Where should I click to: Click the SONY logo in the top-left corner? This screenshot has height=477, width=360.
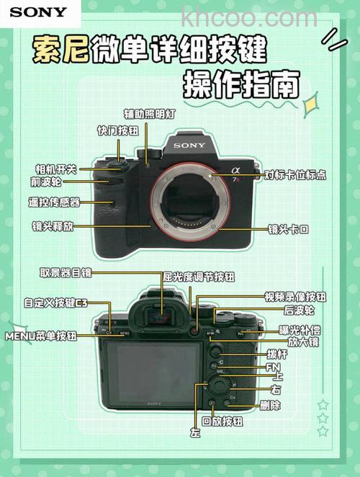point(38,12)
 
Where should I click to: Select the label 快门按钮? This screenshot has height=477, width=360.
point(118,130)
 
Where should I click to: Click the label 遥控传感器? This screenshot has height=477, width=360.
point(54,202)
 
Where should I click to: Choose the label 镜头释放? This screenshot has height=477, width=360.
point(52,226)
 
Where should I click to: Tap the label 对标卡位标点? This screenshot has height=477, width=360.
point(295,174)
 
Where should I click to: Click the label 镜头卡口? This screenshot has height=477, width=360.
point(288,229)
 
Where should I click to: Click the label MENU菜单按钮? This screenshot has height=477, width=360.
point(41,336)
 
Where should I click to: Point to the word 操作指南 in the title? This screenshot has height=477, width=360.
point(240,85)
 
